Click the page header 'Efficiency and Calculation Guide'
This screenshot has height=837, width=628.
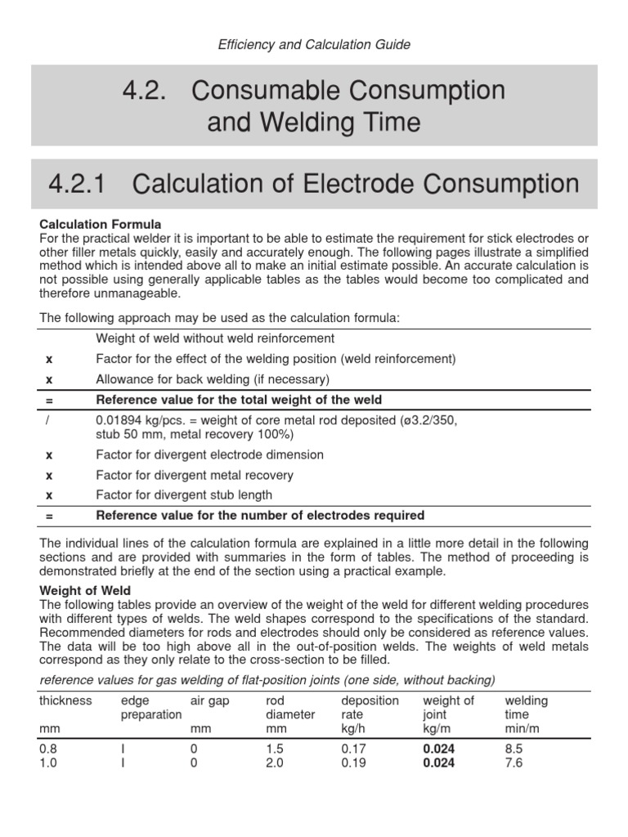coord(314,45)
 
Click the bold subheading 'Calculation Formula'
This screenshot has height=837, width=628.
coord(101,224)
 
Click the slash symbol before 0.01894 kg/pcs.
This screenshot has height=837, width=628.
coord(47,420)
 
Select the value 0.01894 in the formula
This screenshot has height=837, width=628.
coord(118,420)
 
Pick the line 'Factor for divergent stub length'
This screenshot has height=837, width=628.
coord(184,495)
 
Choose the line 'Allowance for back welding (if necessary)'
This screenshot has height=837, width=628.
coord(213,378)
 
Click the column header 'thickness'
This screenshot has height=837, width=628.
coord(65,700)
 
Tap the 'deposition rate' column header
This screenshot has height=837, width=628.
coord(370,707)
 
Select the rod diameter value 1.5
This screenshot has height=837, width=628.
coord(276,749)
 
